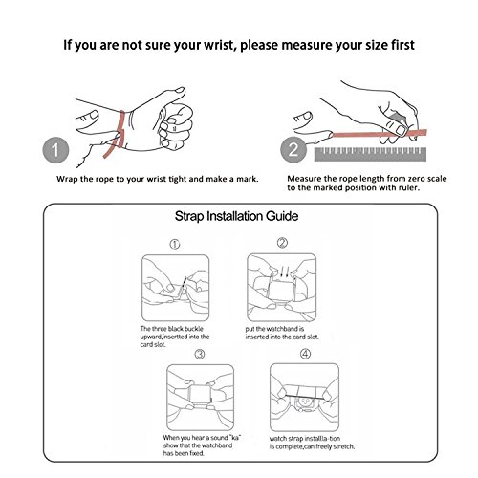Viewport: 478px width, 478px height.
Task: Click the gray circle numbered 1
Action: tap(55, 150)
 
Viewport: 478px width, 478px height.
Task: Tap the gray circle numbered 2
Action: tap(293, 149)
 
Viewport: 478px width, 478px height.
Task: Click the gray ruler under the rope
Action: tap(370, 154)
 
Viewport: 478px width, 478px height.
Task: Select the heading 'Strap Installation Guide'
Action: tap(236, 216)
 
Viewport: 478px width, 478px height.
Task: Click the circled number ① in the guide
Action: tap(174, 245)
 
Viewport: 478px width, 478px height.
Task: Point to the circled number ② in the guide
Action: tap(282, 243)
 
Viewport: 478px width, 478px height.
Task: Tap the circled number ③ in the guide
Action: tap(200, 354)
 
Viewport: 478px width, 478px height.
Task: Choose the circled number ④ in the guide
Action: tap(305, 354)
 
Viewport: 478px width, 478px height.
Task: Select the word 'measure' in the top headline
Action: tap(304, 46)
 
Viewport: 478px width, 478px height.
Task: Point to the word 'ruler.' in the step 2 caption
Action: tap(409, 187)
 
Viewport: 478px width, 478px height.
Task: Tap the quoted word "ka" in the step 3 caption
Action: tap(234, 437)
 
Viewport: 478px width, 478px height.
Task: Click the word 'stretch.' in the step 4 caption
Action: tap(343, 446)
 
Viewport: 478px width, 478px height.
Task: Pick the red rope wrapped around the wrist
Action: tap(115, 134)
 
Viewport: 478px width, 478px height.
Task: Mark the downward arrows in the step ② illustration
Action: tap(284, 272)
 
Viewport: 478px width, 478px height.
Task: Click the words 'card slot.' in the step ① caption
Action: tap(153, 344)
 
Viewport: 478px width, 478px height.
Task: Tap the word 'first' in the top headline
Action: tap(402, 45)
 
